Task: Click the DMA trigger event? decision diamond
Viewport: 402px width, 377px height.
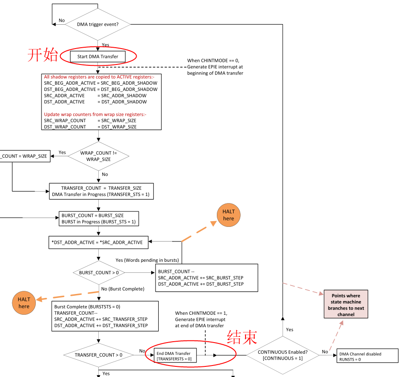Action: click(x=97, y=24)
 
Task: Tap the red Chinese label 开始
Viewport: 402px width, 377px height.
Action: click(x=43, y=55)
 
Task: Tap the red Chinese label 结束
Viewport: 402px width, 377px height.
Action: click(x=242, y=337)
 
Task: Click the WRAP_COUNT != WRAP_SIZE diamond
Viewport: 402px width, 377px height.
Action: click(x=98, y=156)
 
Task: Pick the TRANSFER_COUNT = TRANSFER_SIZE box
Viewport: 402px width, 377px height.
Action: click(x=101, y=191)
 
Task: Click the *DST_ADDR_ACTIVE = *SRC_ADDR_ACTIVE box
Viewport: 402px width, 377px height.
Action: click(x=98, y=242)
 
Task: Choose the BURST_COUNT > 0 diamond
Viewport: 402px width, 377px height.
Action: click(x=98, y=273)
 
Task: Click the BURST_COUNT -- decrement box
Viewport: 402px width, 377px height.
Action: click(x=207, y=278)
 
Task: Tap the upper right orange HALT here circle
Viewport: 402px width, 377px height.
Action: click(x=228, y=215)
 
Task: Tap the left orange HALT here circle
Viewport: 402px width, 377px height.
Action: click(x=24, y=303)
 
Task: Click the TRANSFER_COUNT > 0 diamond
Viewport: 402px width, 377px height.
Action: click(x=98, y=355)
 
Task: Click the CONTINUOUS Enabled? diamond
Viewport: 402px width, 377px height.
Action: click(x=283, y=355)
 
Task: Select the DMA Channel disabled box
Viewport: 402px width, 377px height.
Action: click(x=367, y=357)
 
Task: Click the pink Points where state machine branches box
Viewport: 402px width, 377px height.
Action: click(x=346, y=305)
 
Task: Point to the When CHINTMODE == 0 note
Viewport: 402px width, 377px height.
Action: click(x=216, y=67)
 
